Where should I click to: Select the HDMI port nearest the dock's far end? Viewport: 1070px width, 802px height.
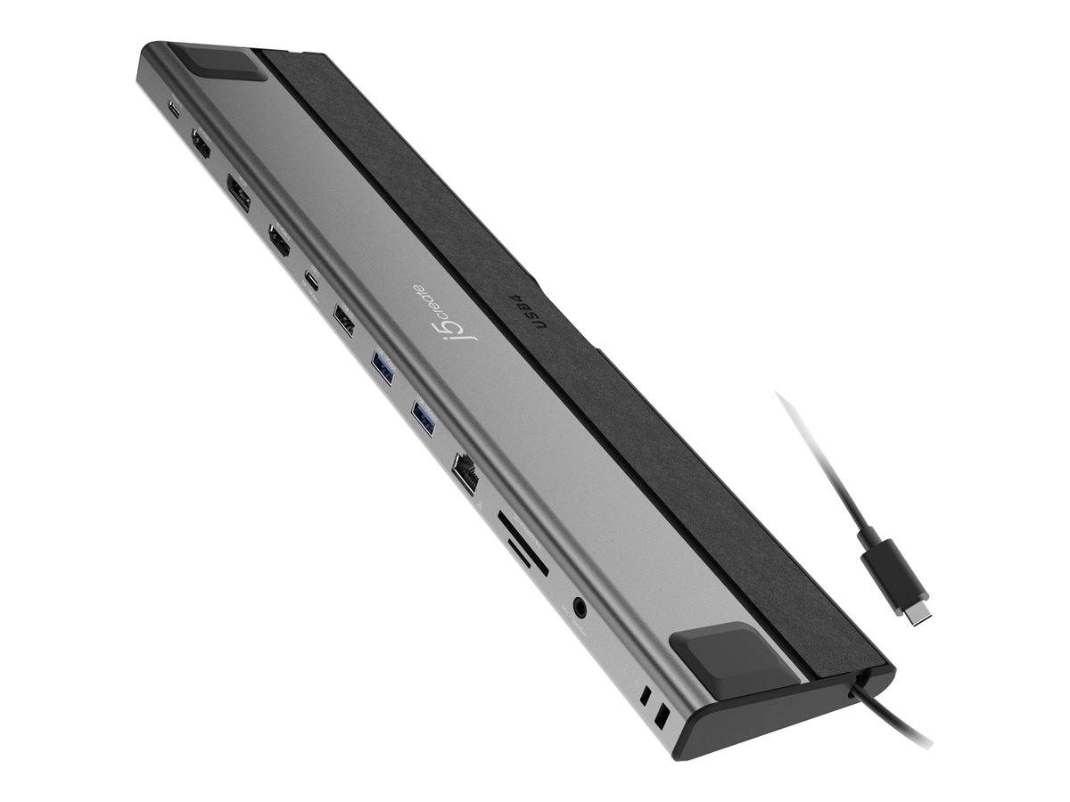[201, 145]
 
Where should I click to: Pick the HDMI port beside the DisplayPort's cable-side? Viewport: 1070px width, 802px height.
[279, 241]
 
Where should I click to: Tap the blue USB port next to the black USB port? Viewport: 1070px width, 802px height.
[382, 367]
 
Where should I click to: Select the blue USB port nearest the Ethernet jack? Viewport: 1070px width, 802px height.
[423, 417]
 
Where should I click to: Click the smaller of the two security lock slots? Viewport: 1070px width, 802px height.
[645, 698]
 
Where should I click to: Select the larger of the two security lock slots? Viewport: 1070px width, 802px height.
[662, 716]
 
